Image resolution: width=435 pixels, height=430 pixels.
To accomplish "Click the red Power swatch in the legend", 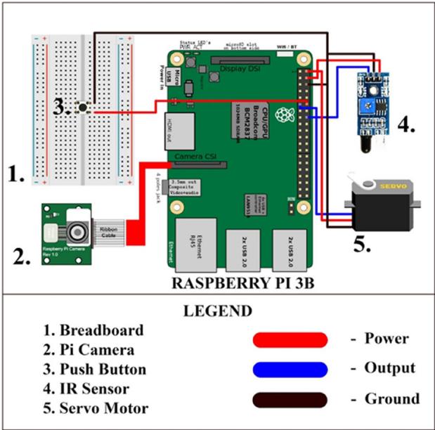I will tap(290, 339).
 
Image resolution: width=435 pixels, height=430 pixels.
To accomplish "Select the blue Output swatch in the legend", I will tap(290, 370).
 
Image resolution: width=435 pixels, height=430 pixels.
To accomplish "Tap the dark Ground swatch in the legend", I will tap(290, 400).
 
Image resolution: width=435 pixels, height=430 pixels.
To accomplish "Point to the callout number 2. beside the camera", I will tap(22, 256).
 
